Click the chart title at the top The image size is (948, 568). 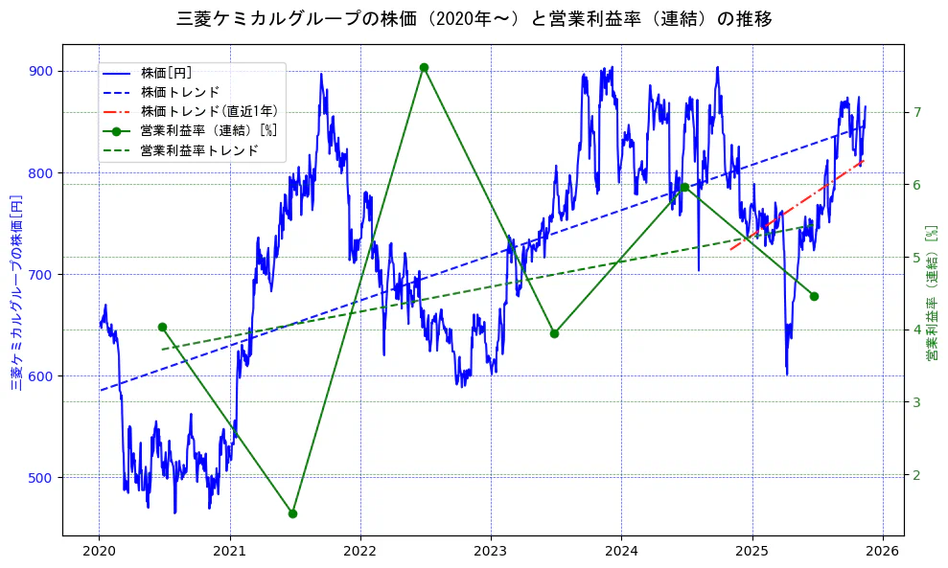474,18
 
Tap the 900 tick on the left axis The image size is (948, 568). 41,71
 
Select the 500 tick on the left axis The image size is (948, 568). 41,477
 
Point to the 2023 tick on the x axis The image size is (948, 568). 491,551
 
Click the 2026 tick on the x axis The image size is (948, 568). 882,551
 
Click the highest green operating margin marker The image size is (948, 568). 424,67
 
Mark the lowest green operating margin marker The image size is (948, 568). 292,513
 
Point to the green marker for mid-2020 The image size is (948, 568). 162,327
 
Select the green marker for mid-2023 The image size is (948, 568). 554,333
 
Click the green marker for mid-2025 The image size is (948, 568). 814,296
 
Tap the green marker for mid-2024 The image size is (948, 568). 684,187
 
